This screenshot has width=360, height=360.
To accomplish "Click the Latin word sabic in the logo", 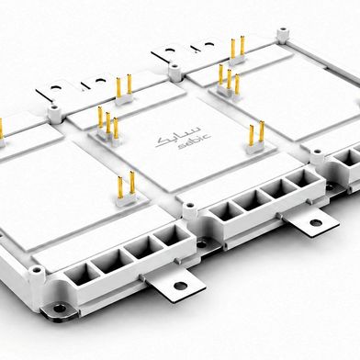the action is [x=194, y=143].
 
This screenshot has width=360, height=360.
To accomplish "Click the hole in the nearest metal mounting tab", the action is [x=181, y=286].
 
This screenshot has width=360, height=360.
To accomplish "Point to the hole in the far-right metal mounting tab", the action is [x=316, y=222].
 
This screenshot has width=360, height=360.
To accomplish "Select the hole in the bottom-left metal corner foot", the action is [x=59, y=308].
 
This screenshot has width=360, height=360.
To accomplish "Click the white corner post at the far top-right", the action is [x=283, y=35].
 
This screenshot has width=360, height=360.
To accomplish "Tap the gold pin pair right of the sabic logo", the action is [x=256, y=138].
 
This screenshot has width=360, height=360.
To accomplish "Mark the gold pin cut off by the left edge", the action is [x=1, y=131].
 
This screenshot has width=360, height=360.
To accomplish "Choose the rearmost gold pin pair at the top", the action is [x=238, y=50].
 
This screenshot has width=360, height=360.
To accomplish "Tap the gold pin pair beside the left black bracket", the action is [x=124, y=89].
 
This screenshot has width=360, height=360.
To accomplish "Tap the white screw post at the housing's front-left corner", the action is [x=37, y=277].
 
